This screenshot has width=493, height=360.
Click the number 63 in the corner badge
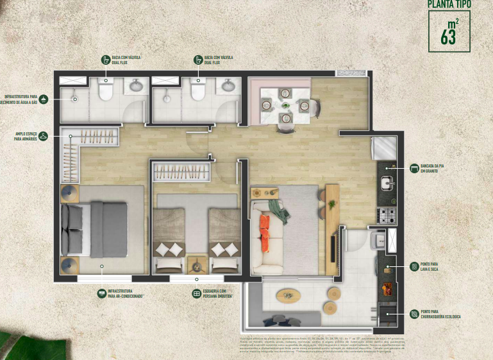448,37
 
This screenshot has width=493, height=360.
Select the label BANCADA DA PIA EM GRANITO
431,169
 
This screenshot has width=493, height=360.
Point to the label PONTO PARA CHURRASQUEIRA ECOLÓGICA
439,314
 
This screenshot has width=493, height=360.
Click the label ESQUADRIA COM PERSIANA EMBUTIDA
217,293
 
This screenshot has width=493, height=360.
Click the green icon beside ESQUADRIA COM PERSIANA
197,293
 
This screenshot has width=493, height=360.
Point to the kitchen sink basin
387,184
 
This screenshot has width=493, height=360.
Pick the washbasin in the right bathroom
228,86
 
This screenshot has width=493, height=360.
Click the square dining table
284,103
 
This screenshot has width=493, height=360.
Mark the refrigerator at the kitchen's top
383,148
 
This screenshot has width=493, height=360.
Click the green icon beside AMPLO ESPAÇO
43,136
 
